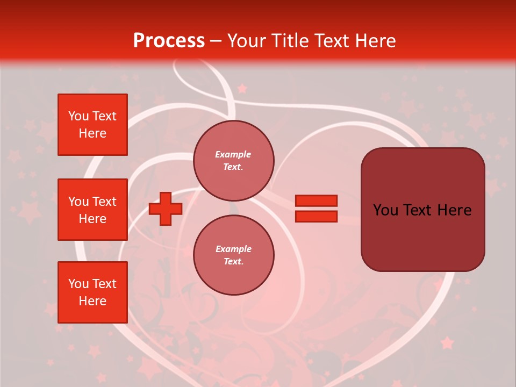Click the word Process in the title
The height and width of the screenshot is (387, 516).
(x=169, y=41)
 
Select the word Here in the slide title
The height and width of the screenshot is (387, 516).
(x=373, y=41)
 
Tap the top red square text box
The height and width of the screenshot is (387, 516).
(x=92, y=125)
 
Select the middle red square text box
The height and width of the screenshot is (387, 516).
(x=92, y=210)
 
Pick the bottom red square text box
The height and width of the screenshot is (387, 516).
(x=92, y=292)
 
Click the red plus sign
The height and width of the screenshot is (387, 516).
(x=166, y=209)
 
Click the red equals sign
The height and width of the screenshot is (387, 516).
(x=316, y=209)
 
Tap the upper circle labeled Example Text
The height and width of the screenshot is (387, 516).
(x=233, y=161)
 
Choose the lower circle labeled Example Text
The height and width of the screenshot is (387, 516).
(x=233, y=255)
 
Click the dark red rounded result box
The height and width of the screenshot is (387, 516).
(x=422, y=210)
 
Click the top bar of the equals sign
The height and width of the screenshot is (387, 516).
(x=316, y=200)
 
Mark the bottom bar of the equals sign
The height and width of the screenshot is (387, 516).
(x=316, y=217)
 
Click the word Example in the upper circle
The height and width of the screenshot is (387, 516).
(x=233, y=155)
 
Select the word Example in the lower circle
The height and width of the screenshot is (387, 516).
(x=233, y=249)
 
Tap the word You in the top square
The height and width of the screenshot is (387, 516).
(x=78, y=116)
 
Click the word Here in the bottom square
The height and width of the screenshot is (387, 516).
(x=92, y=301)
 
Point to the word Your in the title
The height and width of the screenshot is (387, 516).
(x=248, y=41)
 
